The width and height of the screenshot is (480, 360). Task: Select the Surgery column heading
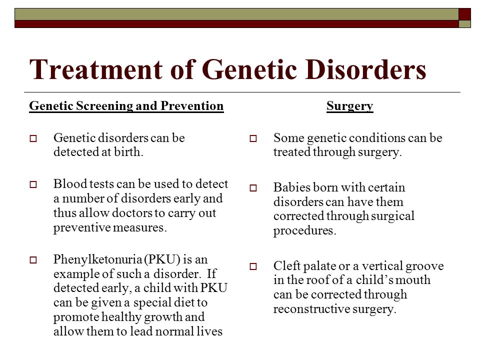[349, 106]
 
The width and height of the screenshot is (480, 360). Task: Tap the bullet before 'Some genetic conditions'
[253, 139]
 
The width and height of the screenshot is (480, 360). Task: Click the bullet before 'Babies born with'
[253, 189]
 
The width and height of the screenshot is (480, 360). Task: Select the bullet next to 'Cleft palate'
[253, 267]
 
